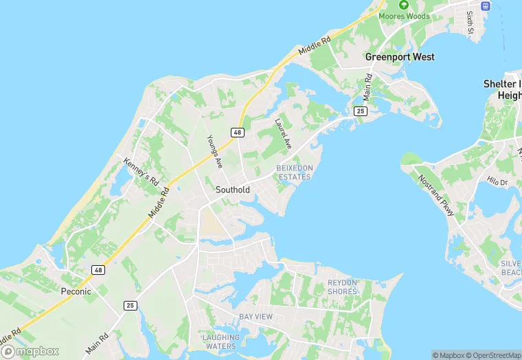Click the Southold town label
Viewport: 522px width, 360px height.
232,190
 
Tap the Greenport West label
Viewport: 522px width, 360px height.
400,57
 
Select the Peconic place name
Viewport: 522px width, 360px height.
76,291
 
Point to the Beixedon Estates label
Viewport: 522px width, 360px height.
294,172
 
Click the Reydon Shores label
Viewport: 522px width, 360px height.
342,287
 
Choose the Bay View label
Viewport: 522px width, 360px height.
256,317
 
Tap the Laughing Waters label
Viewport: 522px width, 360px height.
221,341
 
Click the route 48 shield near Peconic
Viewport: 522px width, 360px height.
99,270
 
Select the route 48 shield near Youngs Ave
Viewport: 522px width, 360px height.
238,131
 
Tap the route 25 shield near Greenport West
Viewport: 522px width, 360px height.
360,111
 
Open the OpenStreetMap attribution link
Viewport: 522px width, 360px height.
493,355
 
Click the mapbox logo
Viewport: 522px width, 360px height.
31,351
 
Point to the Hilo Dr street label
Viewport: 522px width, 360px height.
496,181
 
